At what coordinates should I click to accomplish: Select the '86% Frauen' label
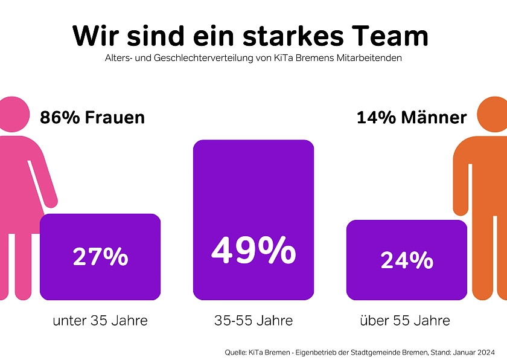(92, 117)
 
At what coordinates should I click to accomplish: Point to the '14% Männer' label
(412, 117)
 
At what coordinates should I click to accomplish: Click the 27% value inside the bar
(100, 257)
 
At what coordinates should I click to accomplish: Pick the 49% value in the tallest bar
(253, 250)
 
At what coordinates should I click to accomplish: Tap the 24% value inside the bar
(407, 260)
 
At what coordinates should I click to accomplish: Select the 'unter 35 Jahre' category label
(100, 320)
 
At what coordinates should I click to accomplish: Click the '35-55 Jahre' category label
(253, 320)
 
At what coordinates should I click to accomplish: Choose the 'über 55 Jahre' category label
(405, 320)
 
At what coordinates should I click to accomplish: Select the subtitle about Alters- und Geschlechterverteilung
(253, 59)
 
